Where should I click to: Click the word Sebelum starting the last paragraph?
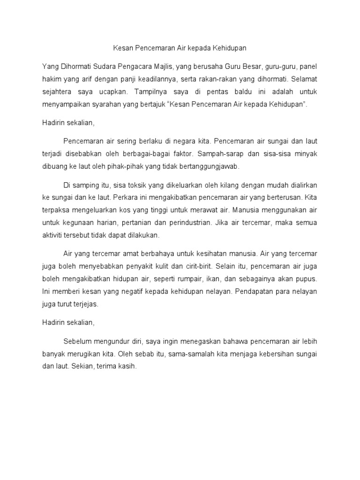78,340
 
